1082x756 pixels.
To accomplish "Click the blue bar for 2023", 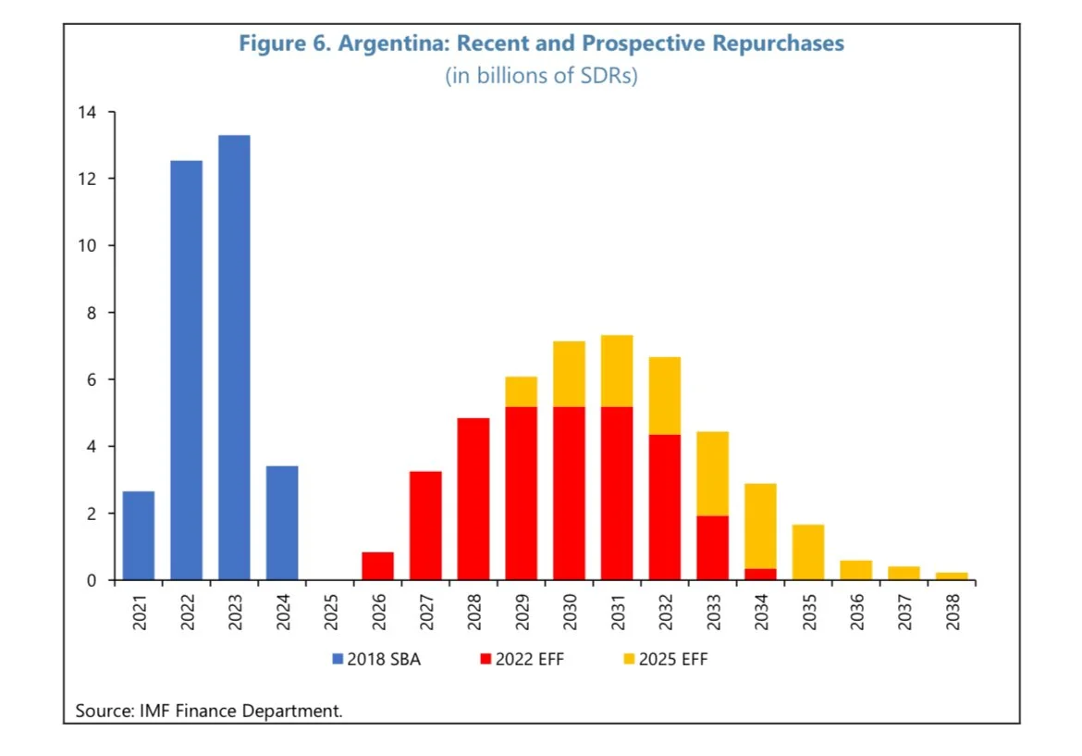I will pyautogui.click(x=234, y=357).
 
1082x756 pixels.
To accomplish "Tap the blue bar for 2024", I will pyautogui.click(x=282, y=523).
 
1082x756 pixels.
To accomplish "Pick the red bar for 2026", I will pyautogui.click(x=377, y=566).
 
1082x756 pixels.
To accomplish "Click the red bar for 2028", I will pyautogui.click(x=473, y=499).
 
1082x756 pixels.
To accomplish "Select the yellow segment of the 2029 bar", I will pyautogui.click(x=522, y=391).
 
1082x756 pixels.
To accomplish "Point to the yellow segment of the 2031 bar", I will pyautogui.click(x=617, y=371).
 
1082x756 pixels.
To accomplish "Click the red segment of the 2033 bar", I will pyautogui.click(x=713, y=548).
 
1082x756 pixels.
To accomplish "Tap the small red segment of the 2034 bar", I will pyautogui.click(x=760, y=575).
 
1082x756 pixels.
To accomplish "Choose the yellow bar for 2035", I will pyautogui.click(x=808, y=552).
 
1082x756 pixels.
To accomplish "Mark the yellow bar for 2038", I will pyautogui.click(x=952, y=576).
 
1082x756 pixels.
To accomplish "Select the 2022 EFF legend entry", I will pyautogui.click(x=523, y=660).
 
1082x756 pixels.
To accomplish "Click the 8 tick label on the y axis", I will pyautogui.click(x=92, y=313).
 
